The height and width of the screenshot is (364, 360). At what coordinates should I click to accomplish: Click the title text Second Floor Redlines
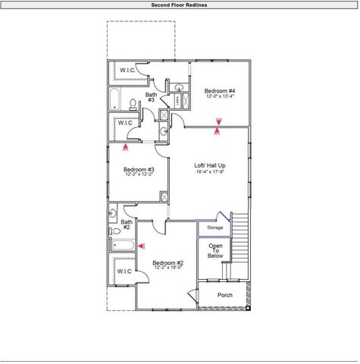(x=179, y=5)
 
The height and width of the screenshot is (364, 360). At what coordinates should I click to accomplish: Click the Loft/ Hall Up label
(x=209, y=165)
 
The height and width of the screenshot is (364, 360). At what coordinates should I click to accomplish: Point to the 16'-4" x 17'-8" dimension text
(x=209, y=171)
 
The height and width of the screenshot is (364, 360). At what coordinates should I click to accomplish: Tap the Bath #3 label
(x=151, y=97)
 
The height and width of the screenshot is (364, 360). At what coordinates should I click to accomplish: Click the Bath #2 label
(x=126, y=224)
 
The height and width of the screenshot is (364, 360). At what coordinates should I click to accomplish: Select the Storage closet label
(x=215, y=227)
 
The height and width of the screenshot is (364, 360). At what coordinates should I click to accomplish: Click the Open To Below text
(x=215, y=251)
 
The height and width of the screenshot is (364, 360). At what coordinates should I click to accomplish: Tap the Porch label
(x=224, y=295)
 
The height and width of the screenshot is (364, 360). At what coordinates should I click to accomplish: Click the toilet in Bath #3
(x=133, y=102)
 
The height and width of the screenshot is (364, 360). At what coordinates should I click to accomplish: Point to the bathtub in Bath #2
(x=123, y=245)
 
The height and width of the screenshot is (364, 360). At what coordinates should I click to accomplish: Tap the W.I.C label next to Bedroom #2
(x=125, y=271)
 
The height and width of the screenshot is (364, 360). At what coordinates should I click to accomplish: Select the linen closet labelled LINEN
(x=177, y=99)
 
